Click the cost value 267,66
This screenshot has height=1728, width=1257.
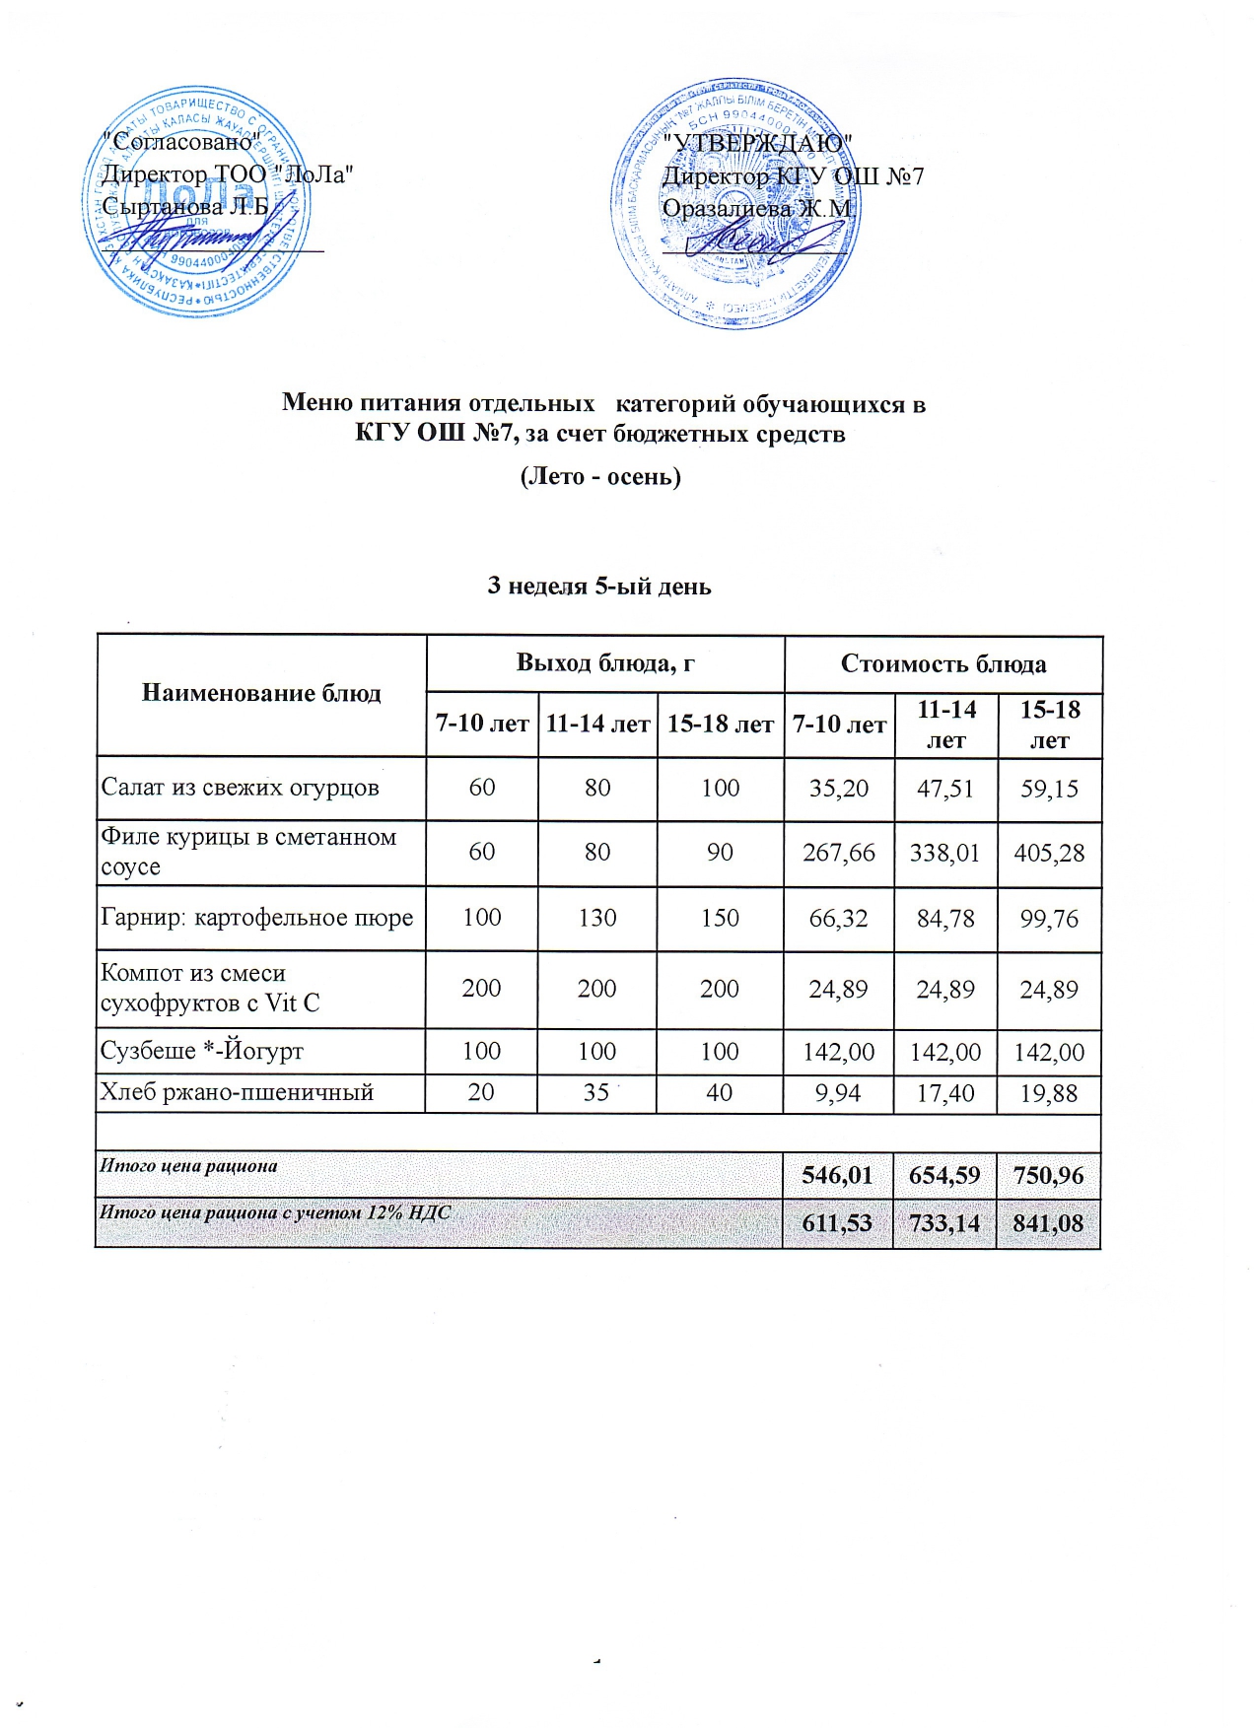click(838, 853)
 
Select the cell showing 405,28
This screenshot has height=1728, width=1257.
click(1049, 853)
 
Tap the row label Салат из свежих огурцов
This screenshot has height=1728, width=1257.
click(240, 788)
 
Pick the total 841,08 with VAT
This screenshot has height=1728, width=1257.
click(1048, 1223)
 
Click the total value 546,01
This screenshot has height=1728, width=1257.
click(837, 1175)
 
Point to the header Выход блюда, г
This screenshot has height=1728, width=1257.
click(605, 663)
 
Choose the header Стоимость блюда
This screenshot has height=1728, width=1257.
click(943, 664)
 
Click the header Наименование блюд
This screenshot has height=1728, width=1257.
click(261, 694)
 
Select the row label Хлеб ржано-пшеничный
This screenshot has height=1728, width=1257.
click(237, 1092)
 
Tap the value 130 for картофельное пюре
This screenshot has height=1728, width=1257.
click(597, 918)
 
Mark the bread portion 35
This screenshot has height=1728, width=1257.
click(595, 1092)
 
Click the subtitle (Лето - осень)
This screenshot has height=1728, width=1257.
click(600, 477)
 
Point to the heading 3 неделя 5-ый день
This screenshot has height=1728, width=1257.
click(599, 587)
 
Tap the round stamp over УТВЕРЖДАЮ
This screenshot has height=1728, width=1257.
click(731, 202)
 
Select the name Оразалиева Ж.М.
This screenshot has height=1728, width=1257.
click(757, 209)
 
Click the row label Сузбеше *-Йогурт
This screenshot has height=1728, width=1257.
click(202, 1051)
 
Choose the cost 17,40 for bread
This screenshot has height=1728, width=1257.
click(944, 1093)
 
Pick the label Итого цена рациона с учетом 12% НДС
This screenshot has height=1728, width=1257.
click(275, 1212)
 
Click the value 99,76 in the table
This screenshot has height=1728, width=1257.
click(1049, 919)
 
